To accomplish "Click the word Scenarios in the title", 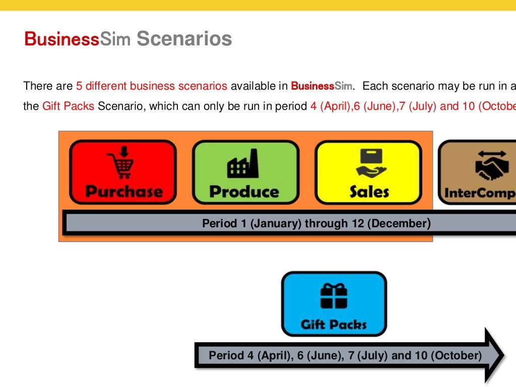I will (x=184, y=39).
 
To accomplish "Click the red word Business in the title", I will (x=61, y=39).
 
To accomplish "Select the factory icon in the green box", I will (x=243, y=164).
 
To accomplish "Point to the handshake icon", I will (x=491, y=165).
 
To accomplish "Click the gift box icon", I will (x=334, y=296).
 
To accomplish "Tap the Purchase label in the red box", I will (x=124, y=191).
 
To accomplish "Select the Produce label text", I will (x=244, y=191).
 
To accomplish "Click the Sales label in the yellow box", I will (x=369, y=191).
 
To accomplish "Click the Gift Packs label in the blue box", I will (x=334, y=324).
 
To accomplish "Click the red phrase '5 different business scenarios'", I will (x=152, y=86).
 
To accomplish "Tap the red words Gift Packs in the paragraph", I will (x=68, y=106).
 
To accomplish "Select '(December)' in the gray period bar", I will (x=399, y=223).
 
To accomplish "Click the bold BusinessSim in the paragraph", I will (x=320, y=86).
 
